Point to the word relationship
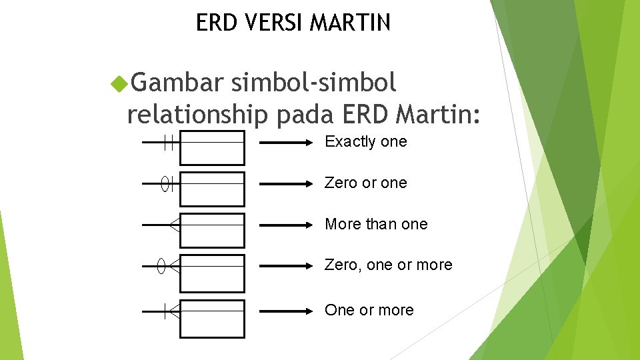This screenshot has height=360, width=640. [197, 114]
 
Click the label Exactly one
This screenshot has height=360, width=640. [365, 141]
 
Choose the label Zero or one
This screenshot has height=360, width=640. [365, 183]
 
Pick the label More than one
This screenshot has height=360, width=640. [376, 224]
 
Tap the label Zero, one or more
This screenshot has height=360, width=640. [388, 265]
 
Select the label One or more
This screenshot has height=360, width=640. [369, 310]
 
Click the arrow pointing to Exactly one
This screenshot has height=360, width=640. [285, 143]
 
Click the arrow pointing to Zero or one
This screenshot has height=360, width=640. [285, 184]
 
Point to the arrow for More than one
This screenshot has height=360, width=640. [285, 225]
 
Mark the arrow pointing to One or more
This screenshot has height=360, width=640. [285, 311]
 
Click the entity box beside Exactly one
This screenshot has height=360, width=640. [213, 147]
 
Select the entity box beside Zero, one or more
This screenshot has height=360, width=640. [213, 273]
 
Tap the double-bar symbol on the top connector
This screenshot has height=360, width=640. [169, 143]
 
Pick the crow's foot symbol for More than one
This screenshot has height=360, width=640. [174, 225]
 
